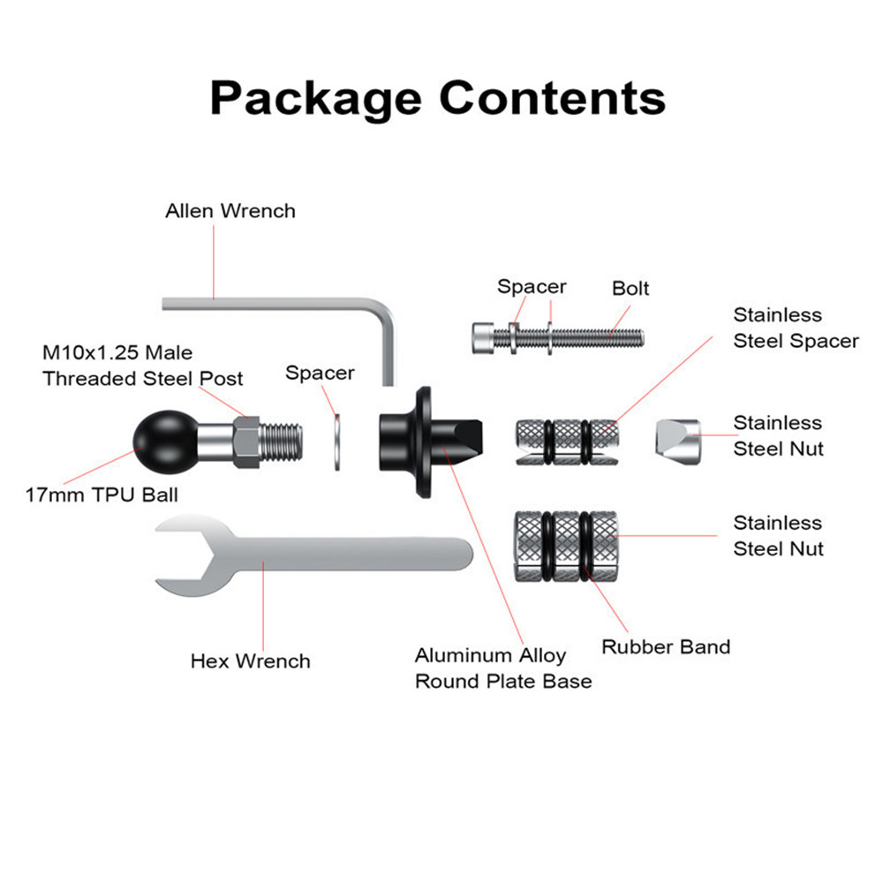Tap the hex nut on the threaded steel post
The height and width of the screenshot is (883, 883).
(246, 436)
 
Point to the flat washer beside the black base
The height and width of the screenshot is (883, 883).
(337, 439)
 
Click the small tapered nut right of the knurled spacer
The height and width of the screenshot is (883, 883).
(678, 438)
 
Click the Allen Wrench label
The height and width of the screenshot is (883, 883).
(230, 211)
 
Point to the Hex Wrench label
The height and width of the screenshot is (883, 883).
(251, 660)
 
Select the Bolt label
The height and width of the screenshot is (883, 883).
(630, 288)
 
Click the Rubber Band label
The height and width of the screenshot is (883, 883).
(666, 646)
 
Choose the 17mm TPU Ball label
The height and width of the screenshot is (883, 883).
(102, 494)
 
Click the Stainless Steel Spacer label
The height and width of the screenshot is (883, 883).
(796, 328)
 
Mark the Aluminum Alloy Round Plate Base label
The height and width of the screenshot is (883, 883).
(503, 668)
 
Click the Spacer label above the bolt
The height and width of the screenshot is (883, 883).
(532, 286)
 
